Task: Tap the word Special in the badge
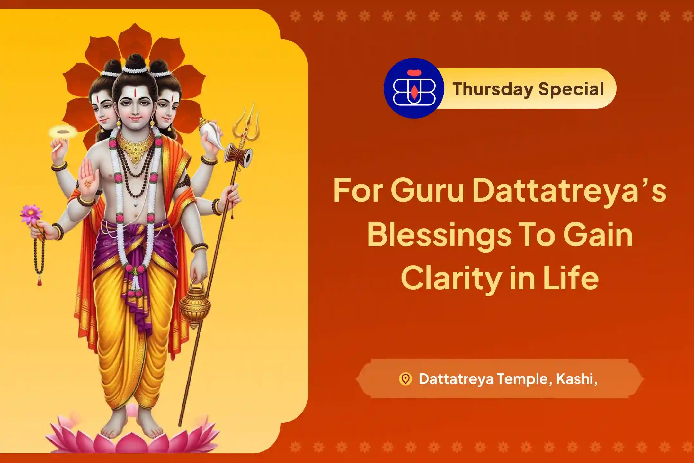pyautogui.click(x=572, y=89)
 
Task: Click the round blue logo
pyautogui.click(x=414, y=88)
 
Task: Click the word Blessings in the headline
pyautogui.click(x=440, y=234)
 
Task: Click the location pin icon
pyautogui.click(x=405, y=379)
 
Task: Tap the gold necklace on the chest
pyautogui.click(x=135, y=148)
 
